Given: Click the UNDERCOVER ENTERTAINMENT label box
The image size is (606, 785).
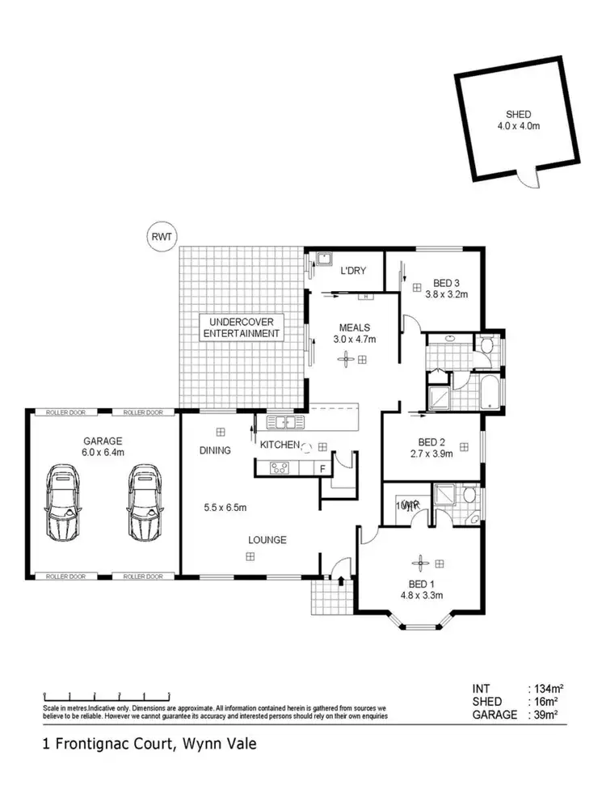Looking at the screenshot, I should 242,327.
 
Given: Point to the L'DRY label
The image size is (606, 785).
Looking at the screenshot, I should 353,270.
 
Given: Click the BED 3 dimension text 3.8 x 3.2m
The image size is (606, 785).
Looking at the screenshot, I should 447,294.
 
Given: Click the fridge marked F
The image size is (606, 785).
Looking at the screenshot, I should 322,467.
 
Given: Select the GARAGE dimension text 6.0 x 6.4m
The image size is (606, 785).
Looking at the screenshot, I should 102,453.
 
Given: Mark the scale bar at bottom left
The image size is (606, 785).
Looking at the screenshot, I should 107,694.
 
